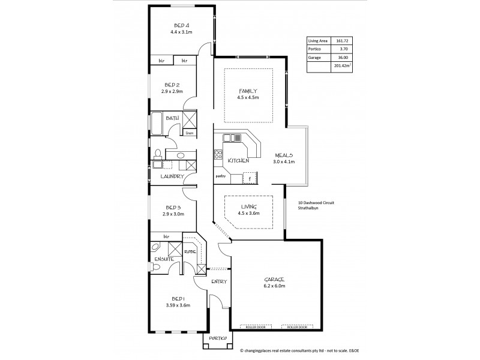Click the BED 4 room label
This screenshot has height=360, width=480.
click(x=182, y=25)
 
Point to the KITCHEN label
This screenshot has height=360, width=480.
click(x=239, y=161)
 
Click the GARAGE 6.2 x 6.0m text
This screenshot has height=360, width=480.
click(x=274, y=286)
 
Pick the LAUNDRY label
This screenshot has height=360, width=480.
click(x=172, y=176)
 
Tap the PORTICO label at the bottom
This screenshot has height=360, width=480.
click(x=218, y=339)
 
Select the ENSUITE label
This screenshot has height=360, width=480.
click(x=163, y=259)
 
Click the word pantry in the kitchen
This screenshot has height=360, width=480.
click(x=220, y=177)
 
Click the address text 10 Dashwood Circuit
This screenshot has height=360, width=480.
click(x=316, y=203)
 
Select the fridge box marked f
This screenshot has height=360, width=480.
click(x=249, y=178)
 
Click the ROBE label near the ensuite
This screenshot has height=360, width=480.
click(x=190, y=251)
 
